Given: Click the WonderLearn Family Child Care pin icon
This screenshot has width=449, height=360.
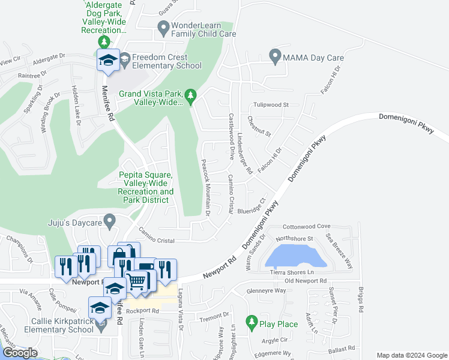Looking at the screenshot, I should pos(163,27).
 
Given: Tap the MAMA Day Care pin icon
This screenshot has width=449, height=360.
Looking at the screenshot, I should pos(276,57).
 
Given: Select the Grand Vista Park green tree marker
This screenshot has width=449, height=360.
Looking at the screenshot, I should pos(191,95).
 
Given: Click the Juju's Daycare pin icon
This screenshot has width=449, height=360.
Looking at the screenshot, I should pos(109,222).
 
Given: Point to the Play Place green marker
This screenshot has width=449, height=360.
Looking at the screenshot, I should pos(252,324).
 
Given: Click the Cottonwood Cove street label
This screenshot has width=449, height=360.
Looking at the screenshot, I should pos(307,226).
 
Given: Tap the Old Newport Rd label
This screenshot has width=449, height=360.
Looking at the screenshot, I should pos(306,280).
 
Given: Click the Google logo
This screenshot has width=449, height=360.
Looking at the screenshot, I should pos(20,353).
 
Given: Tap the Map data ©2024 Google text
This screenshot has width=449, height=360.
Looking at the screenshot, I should pos(411,355).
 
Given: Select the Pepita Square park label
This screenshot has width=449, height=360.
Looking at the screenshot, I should pos(146,187).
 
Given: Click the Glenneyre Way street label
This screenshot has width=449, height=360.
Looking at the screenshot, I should pos(267,290).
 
